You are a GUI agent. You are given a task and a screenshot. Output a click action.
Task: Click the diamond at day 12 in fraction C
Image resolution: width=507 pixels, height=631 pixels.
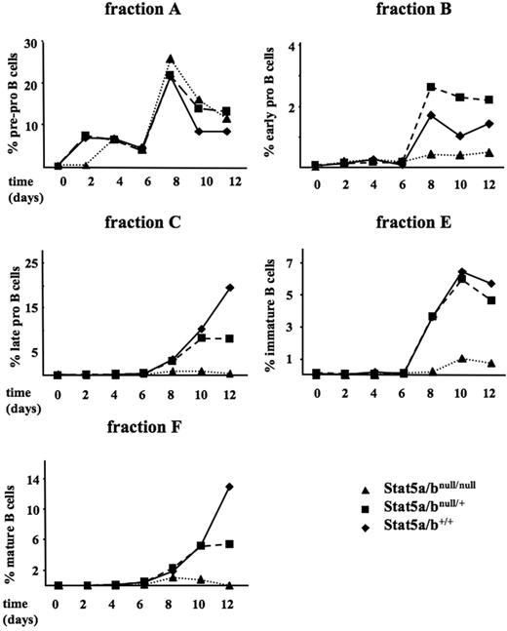[230, 287]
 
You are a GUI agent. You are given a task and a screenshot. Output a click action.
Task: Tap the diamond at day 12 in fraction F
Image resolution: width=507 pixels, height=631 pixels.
[230, 487]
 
